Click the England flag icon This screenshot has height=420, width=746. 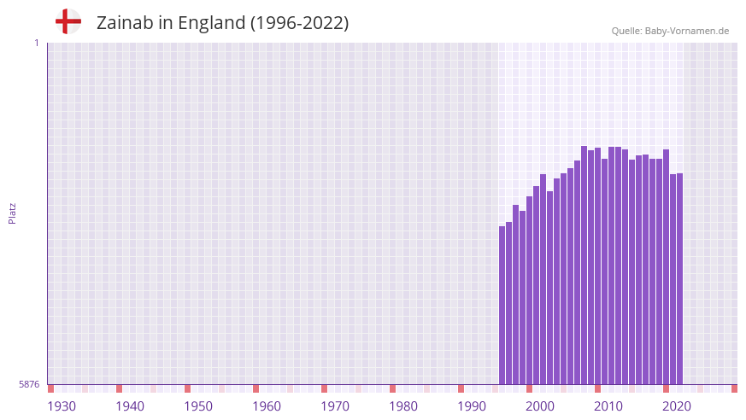click(x=68, y=21)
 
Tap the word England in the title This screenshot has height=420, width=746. click(x=211, y=23)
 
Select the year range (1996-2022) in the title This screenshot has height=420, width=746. click(x=299, y=23)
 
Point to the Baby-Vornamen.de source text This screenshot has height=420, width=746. click(x=687, y=31)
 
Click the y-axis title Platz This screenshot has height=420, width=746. click(x=12, y=213)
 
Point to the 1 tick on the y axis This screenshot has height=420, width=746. click(x=37, y=43)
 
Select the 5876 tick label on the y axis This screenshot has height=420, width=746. click(x=29, y=385)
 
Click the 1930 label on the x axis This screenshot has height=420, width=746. click(x=62, y=406)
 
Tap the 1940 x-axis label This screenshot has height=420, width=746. click(x=130, y=406)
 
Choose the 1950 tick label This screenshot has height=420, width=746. click(x=198, y=406)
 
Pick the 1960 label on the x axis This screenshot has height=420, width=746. click(x=267, y=406)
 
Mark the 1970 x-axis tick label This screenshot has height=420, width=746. click(x=335, y=406)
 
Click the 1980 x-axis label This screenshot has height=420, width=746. click(x=403, y=406)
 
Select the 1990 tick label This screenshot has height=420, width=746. click(x=472, y=406)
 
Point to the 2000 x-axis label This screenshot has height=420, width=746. click(x=540, y=406)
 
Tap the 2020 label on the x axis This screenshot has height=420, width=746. click(x=677, y=406)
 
